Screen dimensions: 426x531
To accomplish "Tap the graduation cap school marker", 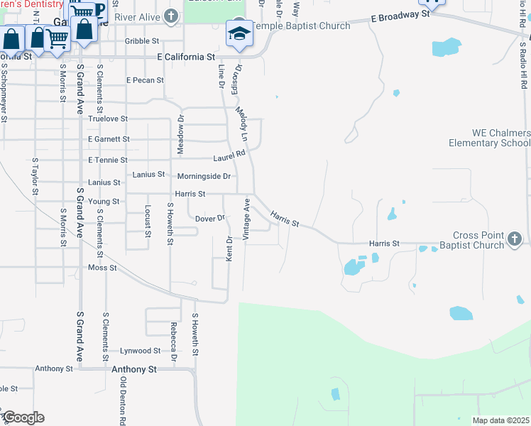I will click(x=239, y=33).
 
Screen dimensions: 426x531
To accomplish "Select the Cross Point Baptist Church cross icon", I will click(x=515, y=240).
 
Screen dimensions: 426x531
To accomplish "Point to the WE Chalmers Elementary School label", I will click(x=489, y=138).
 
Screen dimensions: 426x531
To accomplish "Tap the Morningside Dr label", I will click(x=204, y=176).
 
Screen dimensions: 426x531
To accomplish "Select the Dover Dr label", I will click(x=210, y=219).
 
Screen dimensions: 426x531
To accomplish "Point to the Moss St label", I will click(x=102, y=268).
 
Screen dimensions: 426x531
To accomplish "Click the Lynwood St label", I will click(x=140, y=351).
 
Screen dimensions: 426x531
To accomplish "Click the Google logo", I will click(x=23, y=417).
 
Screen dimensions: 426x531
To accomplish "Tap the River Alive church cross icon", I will click(x=170, y=16).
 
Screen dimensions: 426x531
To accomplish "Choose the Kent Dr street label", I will click(x=229, y=248).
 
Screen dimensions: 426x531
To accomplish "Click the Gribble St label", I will click(x=142, y=41).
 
